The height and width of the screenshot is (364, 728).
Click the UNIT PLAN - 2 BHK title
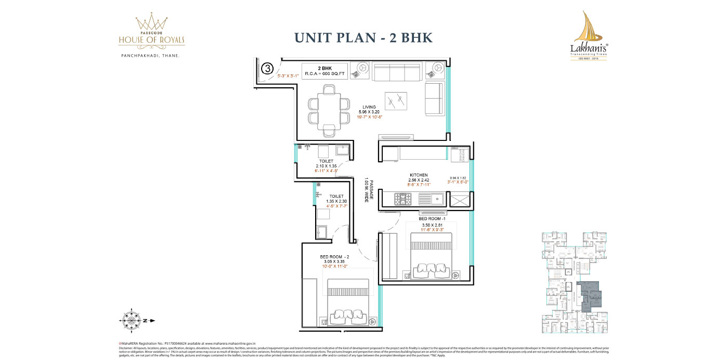point(363,37)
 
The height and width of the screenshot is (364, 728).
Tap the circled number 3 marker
point(267,68)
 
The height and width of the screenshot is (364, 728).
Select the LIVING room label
point(369,107)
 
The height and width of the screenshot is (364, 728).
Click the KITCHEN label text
point(419,175)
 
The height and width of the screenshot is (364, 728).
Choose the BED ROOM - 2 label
point(334,257)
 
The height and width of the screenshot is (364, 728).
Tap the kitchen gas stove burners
point(403,198)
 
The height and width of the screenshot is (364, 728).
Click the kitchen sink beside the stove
point(430,198)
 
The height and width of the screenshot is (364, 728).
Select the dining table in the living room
point(329,110)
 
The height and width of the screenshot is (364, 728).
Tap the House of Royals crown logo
point(150,22)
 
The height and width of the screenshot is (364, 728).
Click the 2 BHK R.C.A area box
point(325,71)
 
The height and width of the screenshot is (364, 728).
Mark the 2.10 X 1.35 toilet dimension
point(327,166)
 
